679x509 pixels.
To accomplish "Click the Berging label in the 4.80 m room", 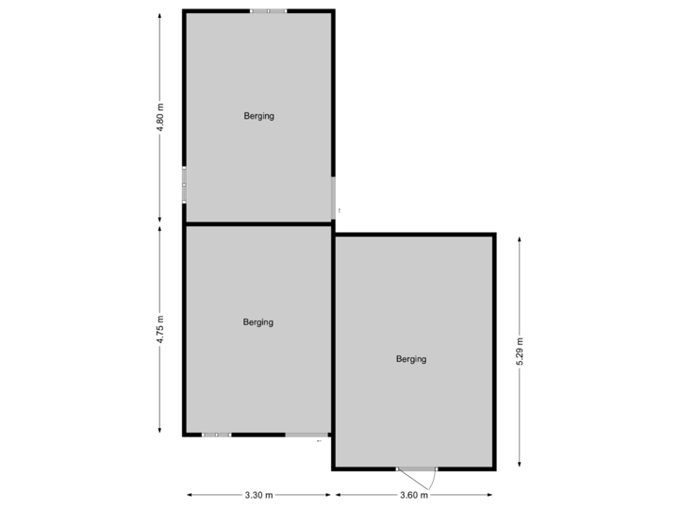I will (x=257, y=116).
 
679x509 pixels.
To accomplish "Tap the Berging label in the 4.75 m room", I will (x=257, y=322).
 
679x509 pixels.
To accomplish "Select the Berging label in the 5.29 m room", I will (x=411, y=359).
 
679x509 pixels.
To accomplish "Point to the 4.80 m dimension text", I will (x=160, y=117).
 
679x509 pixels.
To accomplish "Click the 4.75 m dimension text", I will (x=160, y=329).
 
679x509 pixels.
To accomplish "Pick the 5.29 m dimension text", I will (x=519, y=351).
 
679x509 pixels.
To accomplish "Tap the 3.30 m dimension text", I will (x=257, y=494).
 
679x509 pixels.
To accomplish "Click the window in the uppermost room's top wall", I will (x=269, y=11).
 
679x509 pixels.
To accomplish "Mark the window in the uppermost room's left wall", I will (x=184, y=185).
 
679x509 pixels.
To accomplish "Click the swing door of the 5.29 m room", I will (x=416, y=470).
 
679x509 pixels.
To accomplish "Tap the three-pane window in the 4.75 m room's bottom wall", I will (x=216, y=435).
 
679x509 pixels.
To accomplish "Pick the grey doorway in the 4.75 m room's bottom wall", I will (x=306, y=435).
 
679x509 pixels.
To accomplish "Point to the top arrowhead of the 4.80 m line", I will (x=160, y=14).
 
